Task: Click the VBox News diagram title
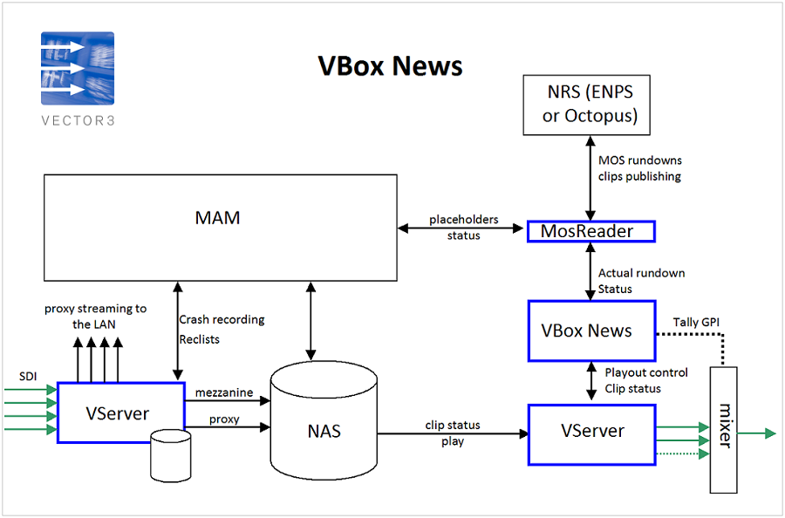coord(390,65)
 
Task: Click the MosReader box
coord(590,231)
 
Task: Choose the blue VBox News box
coord(591,331)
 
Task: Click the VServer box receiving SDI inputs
coord(120,412)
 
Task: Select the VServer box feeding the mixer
coord(591,431)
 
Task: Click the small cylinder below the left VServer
coord(170,454)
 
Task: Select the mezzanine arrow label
coord(224,393)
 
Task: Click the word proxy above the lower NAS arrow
coord(224,419)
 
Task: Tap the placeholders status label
coord(462,228)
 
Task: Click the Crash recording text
coord(222,319)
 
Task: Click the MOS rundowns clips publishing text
coord(639,168)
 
